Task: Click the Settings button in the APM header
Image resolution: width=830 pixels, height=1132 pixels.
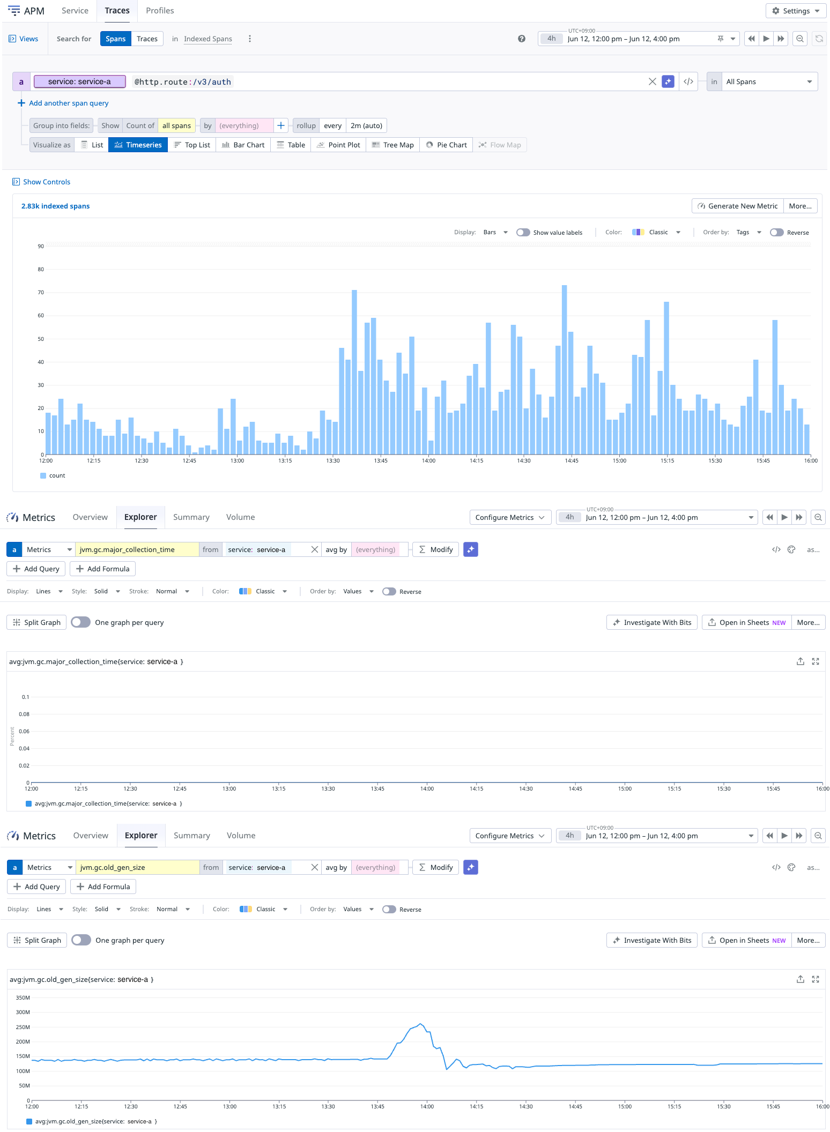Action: [x=796, y=11]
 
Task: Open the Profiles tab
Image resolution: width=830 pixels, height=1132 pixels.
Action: [x=160, y=11]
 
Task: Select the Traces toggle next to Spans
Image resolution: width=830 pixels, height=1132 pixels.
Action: [x=147, y=39]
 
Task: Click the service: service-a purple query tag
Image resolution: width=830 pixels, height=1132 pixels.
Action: [x=79, y=81]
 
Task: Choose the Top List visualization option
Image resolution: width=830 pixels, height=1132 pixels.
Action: [x=192, y=145]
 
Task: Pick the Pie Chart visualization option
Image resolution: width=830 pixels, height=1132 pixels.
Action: [x=446, y=145]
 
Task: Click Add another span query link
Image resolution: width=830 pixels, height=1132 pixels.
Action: [x=69, y=103]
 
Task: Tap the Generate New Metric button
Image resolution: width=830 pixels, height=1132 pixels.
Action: [x=737, y=206]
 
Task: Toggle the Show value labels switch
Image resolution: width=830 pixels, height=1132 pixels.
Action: [x=523, y=233]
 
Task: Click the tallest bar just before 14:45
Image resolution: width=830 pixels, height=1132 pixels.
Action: [x=565, y=370]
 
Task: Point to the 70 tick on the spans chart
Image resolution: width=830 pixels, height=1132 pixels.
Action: [x=41, y=293]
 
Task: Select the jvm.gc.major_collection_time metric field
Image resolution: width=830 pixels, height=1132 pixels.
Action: [x=137, y=549]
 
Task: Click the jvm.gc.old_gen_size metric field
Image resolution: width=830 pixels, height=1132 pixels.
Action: [x=137, y=867]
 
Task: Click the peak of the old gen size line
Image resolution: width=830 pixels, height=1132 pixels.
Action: [x=421, y=1024]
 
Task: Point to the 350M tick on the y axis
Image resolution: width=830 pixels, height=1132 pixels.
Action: [x=23, y=998]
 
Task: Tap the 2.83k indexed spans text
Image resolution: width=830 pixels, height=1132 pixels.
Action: [x=55, y=206]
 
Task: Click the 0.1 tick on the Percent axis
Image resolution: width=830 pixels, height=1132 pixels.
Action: [x=25, y=697]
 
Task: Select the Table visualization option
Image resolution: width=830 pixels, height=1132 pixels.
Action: [x=291, y=145]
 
